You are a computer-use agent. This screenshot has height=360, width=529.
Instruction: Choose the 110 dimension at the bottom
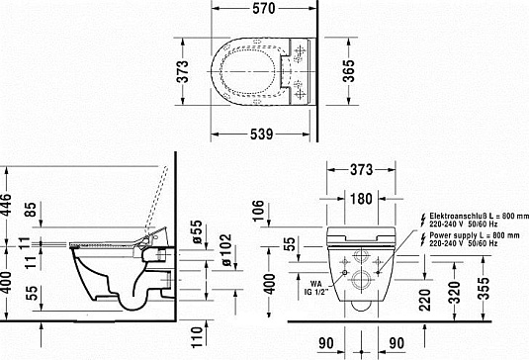click(198, 336)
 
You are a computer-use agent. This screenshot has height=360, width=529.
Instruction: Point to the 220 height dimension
click(424, 294)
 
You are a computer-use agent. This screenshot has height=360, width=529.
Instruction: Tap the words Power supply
click(449, 234)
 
